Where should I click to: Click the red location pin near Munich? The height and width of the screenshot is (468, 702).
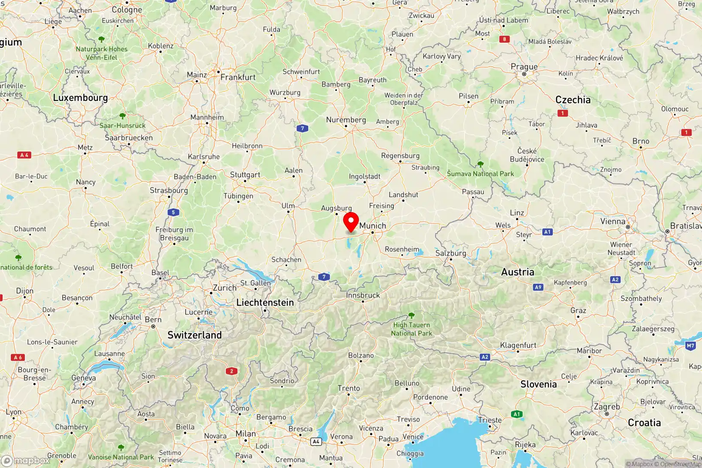[351, 222]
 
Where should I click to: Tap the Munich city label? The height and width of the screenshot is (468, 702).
[373, 225]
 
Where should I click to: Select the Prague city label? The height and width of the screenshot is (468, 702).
[524, 67]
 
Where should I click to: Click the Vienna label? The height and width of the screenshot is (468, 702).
[613, 222]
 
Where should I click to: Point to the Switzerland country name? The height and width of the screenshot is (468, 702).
[194, 335]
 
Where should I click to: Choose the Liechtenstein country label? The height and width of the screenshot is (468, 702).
[265, 302]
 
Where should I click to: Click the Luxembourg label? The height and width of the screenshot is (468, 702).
[80, 97]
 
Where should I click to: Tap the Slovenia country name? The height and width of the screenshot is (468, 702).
[538, 384]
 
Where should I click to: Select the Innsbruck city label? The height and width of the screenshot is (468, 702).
[363, 295]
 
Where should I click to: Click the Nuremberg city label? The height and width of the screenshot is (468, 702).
[346, 120]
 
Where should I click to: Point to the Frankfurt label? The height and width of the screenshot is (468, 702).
[238, 77]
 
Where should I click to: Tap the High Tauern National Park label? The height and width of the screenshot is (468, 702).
[411, 329]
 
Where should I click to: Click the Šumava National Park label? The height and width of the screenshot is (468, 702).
[480, 173]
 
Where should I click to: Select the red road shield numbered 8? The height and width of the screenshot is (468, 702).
[504, 39]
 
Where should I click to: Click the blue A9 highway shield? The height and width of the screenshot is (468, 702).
[538, 287]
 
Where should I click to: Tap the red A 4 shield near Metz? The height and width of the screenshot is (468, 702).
[24, 155]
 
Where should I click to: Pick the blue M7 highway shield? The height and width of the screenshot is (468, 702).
[690, 346]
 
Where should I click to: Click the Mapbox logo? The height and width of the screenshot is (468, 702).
[26, 461]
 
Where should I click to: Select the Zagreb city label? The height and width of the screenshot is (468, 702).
[607, 407]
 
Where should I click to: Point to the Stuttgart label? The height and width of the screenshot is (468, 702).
[245, 175]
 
